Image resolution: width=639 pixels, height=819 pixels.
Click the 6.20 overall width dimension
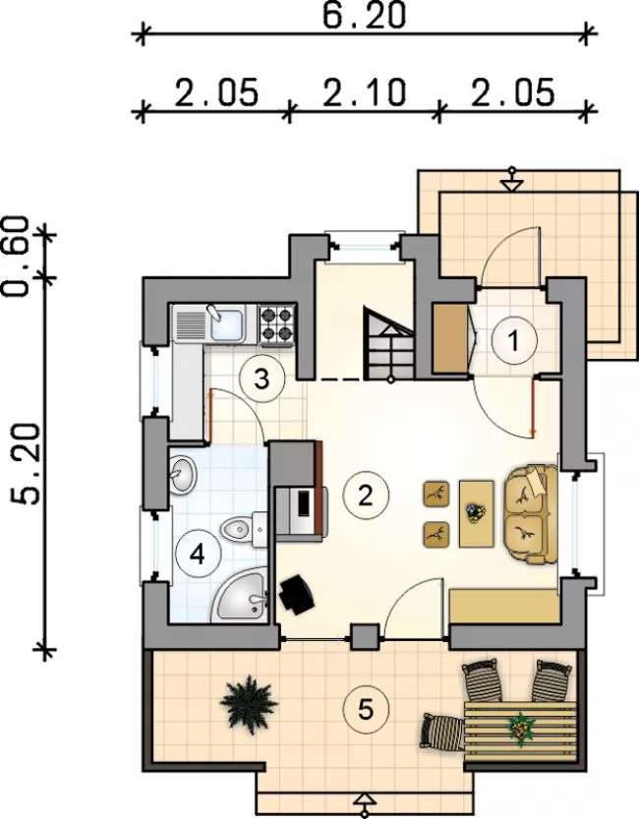(x=364, y=16)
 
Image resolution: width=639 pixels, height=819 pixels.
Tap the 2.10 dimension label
(x=364, y=92)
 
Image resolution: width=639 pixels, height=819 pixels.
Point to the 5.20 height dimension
(x=25, y=463)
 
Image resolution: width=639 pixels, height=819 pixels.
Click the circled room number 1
(x=514, y=340)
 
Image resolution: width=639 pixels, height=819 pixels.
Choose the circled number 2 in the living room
(x=366, y=495)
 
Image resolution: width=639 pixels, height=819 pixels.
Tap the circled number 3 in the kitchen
(x=261, y=379)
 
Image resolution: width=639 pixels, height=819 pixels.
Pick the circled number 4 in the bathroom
(x=198, y=555)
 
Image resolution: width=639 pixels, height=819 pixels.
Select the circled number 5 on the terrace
(x=366, y=709)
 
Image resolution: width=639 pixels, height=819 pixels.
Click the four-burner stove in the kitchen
(x=277, y=324)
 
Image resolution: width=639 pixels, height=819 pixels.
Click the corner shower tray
(x=240, y=596)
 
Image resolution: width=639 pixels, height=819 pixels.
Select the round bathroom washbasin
(x=182, y=473)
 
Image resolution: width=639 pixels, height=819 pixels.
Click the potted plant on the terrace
(x=248, y=705)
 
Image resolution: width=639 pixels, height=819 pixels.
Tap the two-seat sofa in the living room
(x=531, y=514)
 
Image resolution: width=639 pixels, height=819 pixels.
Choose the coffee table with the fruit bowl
(x=476, y=514)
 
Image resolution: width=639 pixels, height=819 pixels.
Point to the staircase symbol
(x=389, y=344)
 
